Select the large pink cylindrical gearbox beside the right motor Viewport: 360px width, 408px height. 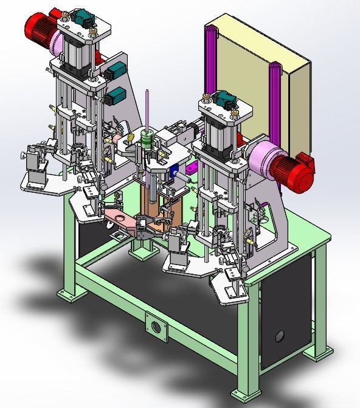[x=265, y=159]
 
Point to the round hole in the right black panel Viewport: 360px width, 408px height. [x=280, y=335]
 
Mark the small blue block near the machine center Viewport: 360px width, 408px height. [x=176, y=172]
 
